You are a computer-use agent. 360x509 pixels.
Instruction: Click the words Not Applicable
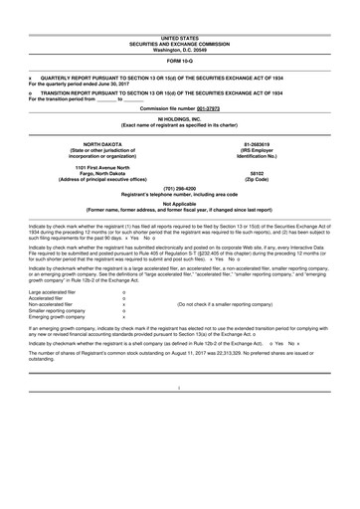[180, 204]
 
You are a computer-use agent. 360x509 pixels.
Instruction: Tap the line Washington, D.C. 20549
[180, 21]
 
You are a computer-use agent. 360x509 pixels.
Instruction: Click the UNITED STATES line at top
[180, 8]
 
